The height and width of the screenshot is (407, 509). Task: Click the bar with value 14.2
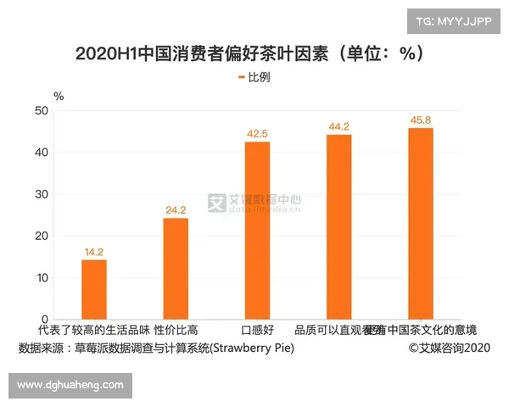tap(94, 289)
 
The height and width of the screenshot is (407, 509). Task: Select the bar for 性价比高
tap(176, 269)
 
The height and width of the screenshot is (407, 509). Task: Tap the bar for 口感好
tap(257, 231)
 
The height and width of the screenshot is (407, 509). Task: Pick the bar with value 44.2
tap(338, 227)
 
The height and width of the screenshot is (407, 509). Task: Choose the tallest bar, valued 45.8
tap(421, 224)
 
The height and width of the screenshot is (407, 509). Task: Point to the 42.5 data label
tap(257, 134)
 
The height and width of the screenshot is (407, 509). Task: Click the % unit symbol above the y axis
tap(58, 95)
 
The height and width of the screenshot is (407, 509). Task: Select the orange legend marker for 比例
tap(241, 77)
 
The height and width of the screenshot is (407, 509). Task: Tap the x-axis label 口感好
tap(256, 330)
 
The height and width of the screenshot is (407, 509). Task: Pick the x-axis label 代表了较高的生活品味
tap(93, 330)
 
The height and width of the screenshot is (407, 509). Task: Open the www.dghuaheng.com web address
tap(70, 385)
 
